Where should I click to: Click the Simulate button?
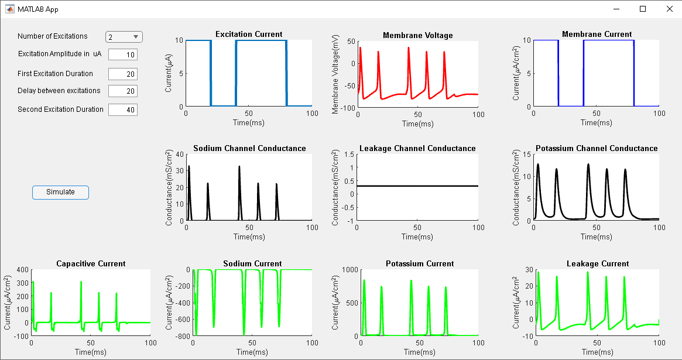[60, 192]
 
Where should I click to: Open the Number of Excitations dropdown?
[124, 37]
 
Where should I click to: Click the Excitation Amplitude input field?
[123, 54]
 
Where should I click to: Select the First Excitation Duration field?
[123, 74]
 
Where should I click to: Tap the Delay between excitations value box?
[123, 91]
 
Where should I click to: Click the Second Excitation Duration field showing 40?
[123, 109]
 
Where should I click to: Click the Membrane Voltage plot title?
[417, 35]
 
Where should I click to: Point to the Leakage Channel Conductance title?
[417, 148]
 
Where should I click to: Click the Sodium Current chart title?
[252, 263]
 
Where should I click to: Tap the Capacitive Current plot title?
[91, 263]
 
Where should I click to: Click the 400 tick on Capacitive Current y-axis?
[22, 270]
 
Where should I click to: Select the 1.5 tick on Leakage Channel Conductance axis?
[349, 154]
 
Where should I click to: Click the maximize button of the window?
[643, 9]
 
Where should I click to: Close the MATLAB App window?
[669, 9]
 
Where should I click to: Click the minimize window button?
[616, 9]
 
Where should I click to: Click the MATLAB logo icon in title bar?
[10, 9]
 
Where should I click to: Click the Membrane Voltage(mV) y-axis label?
[335, 73]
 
